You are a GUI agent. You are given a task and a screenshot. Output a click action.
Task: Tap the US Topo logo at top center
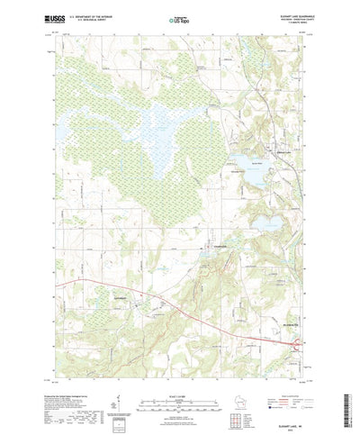(x=179, y=18)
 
